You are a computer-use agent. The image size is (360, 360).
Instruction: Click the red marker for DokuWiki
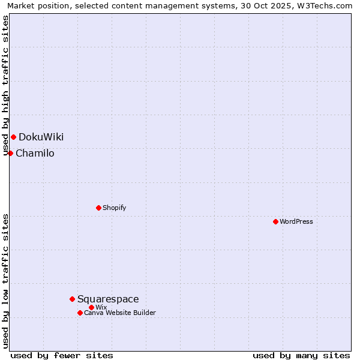[x=13, y=137]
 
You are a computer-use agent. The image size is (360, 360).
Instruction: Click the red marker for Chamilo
[x=10, y=153]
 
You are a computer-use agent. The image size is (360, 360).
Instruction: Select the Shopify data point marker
[x=98, y=208]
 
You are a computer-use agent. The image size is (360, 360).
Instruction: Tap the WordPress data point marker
[x=275, y=221]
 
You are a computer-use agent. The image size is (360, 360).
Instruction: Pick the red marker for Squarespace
[x=72, y=299]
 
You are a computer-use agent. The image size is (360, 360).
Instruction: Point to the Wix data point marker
[x=91, y=307]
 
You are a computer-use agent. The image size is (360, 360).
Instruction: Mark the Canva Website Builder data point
[x=80, y=313]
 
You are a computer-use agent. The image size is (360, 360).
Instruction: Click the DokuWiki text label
[x=41, y=137]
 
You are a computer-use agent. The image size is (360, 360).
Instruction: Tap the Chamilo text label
[x=35, y=153]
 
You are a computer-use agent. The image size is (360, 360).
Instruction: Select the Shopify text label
[x=114, y=208]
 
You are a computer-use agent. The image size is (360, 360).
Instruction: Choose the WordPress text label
[x=296, y=221]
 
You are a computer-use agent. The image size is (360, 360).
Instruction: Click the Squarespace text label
[x=108, y=299]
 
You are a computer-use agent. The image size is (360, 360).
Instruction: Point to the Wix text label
[x=101, y=307]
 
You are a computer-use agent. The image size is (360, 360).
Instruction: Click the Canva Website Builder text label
[x=120, y=313]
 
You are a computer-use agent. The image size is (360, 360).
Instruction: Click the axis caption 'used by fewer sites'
[x=62, y=355]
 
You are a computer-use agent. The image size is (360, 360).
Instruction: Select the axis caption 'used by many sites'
[x=301, y=355]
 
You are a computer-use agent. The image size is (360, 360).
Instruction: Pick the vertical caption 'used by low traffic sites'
[x=6, y=281]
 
